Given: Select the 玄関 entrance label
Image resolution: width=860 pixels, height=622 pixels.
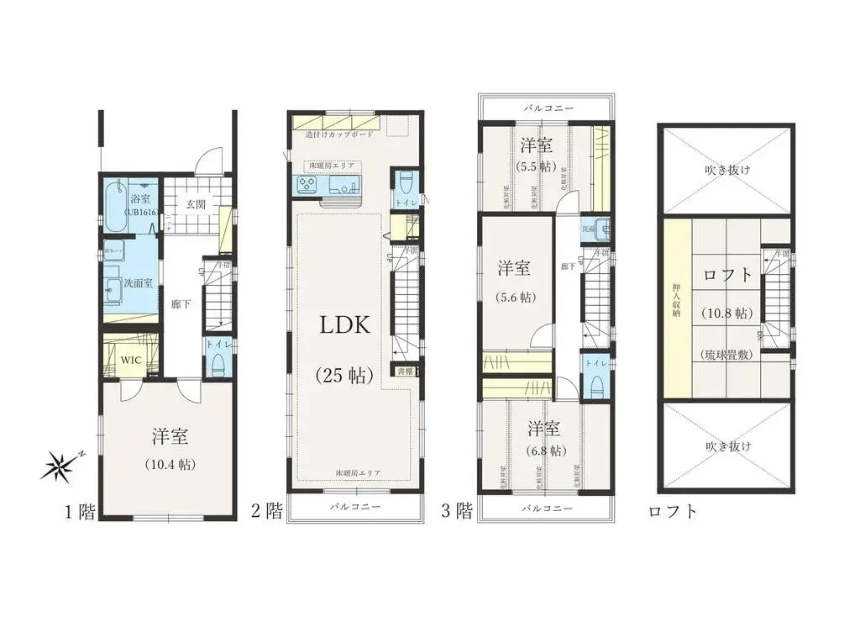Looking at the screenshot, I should point(196,204).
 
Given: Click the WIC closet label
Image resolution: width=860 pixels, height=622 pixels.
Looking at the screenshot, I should point(130,360).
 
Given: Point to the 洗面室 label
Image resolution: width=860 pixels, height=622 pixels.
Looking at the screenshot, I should point(138,283).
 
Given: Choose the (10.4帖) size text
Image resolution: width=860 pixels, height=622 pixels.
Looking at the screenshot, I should point(170,464).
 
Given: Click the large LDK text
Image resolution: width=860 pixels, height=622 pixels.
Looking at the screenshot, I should point(344,327).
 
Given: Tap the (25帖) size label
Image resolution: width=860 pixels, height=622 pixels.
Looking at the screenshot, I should point(344,376).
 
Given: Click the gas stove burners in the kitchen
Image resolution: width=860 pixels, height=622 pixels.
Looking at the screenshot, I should point(304,187).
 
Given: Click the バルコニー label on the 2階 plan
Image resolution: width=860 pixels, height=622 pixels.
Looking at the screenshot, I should point(354,508).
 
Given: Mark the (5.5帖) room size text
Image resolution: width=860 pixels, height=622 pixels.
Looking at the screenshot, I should point(536,166).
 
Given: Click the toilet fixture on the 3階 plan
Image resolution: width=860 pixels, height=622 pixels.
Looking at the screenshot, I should point(596,386).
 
